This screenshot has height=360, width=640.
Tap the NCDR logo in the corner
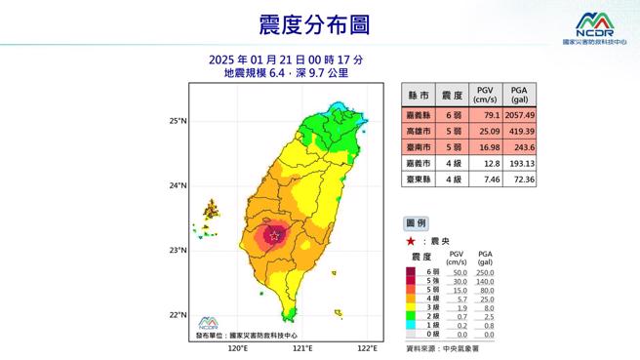pos(595,26)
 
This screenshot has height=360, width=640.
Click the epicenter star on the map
pos(275,235)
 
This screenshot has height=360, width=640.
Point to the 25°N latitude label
pos(177,121)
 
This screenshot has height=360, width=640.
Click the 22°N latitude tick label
pos(177,314)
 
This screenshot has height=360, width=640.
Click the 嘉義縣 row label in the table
pos(420,114)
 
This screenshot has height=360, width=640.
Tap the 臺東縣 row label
pos(420,180)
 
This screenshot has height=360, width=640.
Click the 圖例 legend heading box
pos(416,223)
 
